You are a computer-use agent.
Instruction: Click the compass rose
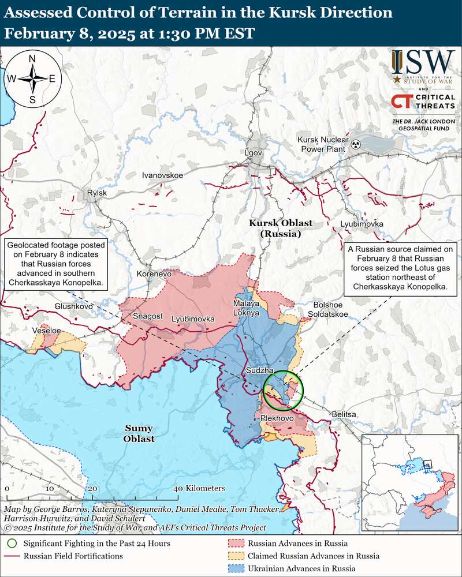[32, 78]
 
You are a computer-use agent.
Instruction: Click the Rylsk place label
[96, 193]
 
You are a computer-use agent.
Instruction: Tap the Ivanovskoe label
[162, 174]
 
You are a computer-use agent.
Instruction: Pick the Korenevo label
[154, 273]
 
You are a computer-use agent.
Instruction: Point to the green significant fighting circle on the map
[283, 390]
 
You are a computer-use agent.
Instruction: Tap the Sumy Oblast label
[139, 433]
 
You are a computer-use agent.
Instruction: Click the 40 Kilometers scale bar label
[199, 488]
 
